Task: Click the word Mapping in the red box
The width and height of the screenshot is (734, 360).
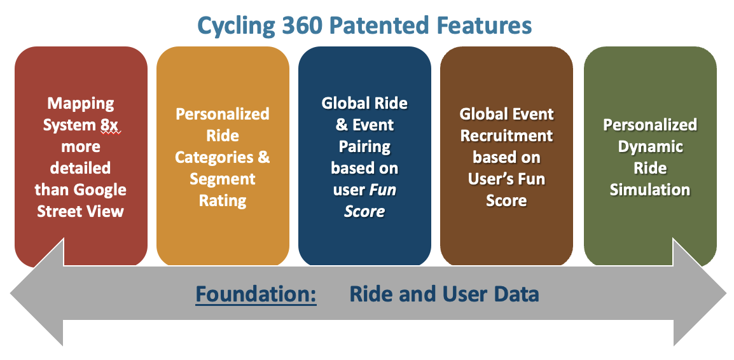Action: [81, 104]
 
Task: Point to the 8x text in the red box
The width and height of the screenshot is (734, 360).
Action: [109, 125]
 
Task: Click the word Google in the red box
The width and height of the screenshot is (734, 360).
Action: [100, 190]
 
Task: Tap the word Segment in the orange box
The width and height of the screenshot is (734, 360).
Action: [223, 179]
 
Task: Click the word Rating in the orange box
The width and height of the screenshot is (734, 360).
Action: [223, 200]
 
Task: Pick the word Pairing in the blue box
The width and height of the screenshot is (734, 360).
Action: [364, 146]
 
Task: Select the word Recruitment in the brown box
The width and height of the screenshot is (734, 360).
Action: [506, 136]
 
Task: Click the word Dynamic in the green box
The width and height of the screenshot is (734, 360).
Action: [650, 146]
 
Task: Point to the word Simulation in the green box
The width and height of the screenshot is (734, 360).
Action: [650, 190]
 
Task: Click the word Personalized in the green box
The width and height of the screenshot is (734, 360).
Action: [650, 125]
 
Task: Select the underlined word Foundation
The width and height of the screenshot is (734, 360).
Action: [256, 294]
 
